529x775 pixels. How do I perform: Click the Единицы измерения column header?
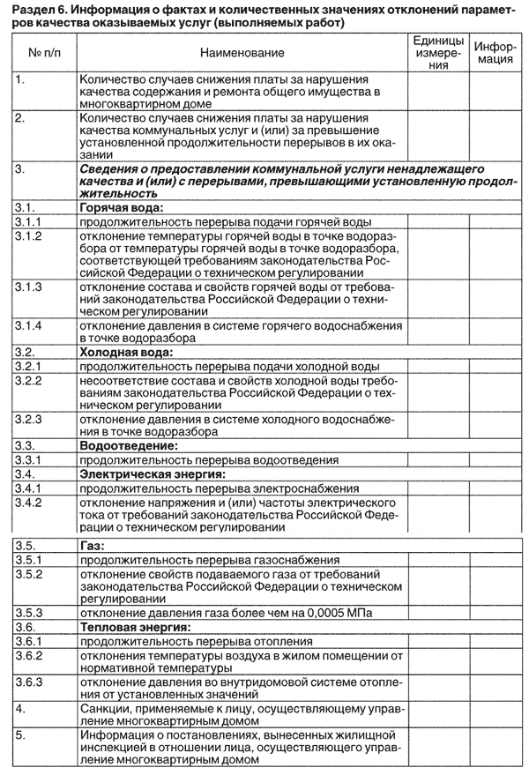(x=437, y=55)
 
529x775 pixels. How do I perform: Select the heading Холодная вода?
(x=120, y=352)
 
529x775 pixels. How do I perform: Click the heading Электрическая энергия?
(x=152, y=473)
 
